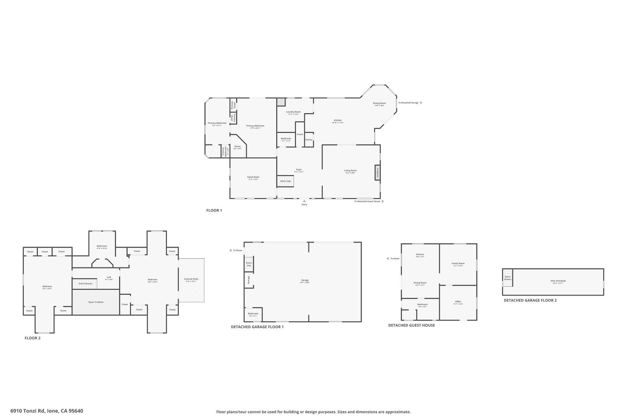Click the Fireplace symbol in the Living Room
377,172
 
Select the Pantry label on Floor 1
309,140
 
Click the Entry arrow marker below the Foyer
304,201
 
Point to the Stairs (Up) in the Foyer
285,181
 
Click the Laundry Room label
293,112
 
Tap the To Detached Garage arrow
421,102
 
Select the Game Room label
253,177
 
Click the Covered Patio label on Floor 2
191,279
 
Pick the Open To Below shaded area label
96,302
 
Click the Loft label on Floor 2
109,277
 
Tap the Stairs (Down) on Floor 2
85,283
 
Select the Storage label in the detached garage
249,280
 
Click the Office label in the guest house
458,301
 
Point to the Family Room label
458,263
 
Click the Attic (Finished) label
558,281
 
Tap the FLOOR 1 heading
214,210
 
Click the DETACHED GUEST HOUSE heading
411,325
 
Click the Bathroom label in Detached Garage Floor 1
253,313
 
